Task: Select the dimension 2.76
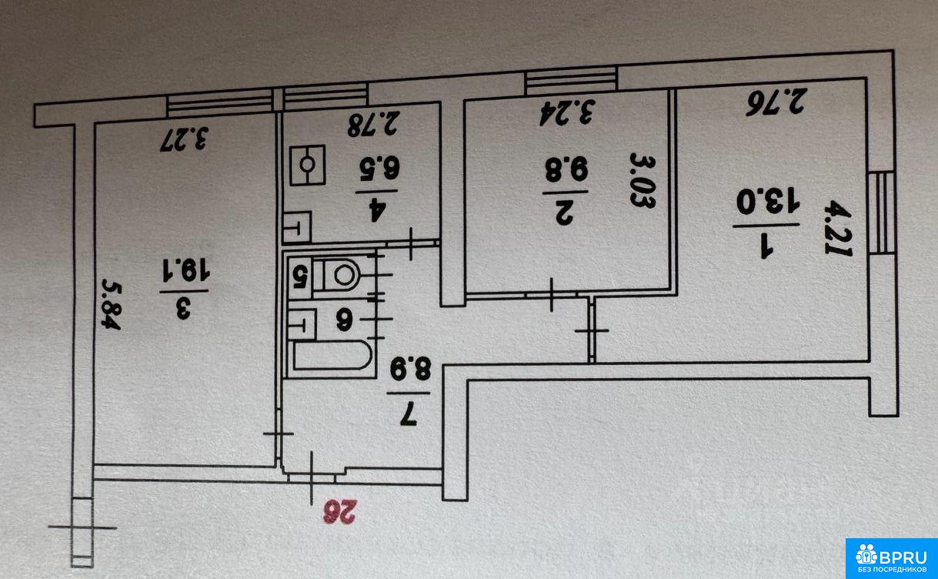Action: point(776,102)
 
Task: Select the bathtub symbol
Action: point(331,357)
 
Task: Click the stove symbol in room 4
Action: point(308,165)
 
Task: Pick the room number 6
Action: point(343,316)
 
